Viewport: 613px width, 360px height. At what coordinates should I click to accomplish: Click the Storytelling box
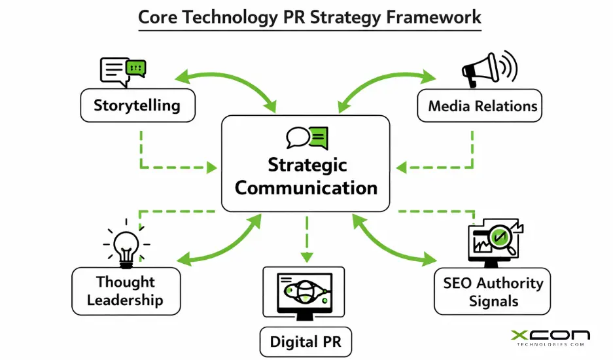pyautogui.click(x=137, y=105)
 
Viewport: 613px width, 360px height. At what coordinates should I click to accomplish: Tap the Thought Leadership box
pyautogui.click(x=125, y=291)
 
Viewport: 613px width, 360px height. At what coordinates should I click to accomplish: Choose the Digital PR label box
pyautogui.click(x=302, y=341)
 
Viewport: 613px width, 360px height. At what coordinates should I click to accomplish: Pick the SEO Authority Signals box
pyautogui.click(x=493, y=292)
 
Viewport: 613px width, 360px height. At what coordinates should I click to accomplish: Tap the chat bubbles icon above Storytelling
pyautogui.click(x=122, y=71)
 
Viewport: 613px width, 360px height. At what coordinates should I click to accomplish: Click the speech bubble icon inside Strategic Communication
pyautogui.click(x=306, y=138)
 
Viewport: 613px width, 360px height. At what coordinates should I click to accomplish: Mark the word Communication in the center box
pyautogui.click(x=306, y=188)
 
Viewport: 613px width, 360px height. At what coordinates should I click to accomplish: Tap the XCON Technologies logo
pyautogui.click(x=550, y=338)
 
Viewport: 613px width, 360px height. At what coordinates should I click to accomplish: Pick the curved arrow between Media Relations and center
pyautogui.click(x=386, y=84)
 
